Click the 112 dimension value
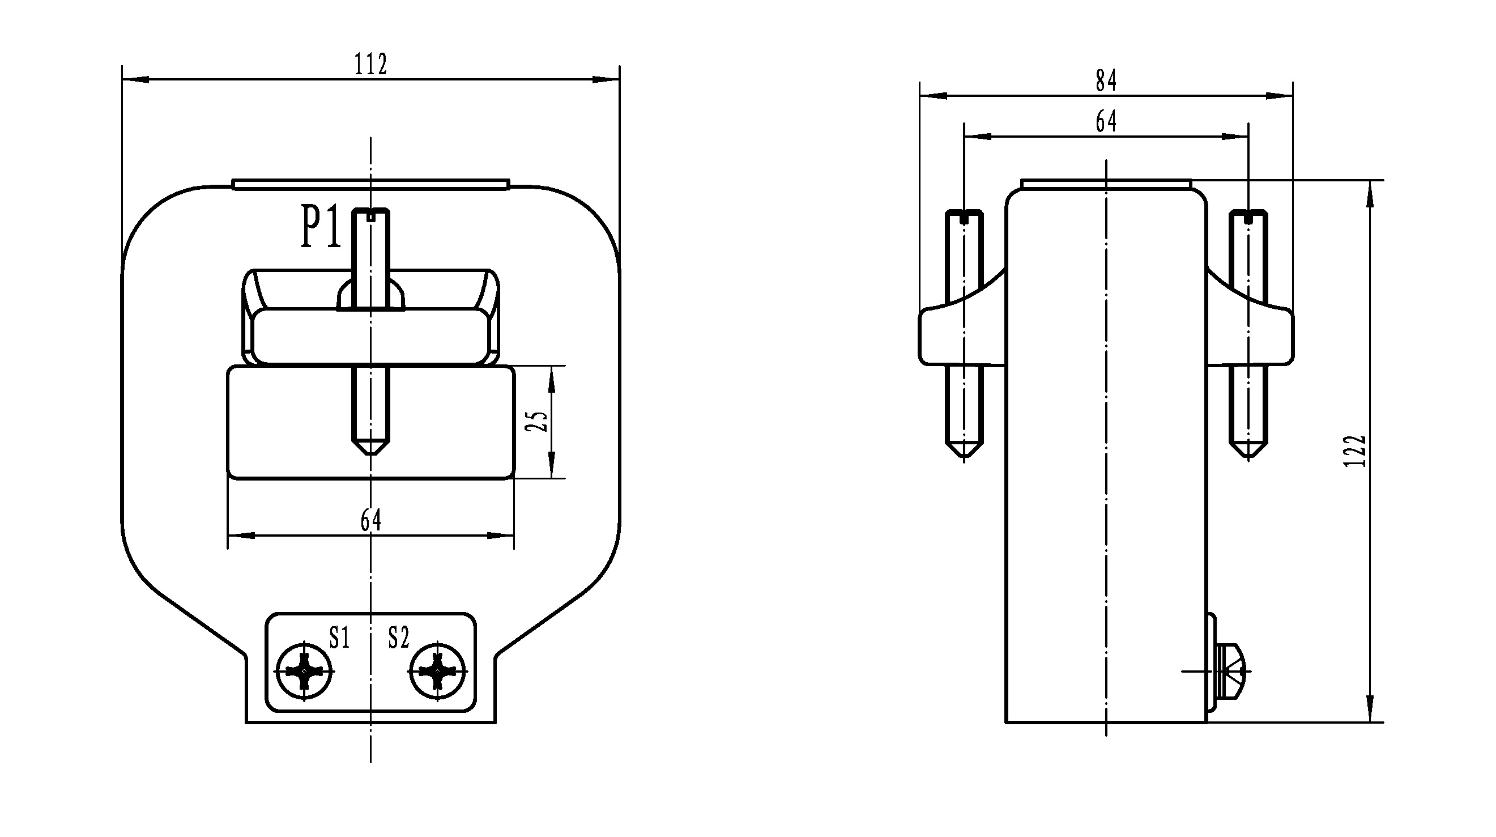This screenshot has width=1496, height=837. pyautogui.click(x=370, y=64)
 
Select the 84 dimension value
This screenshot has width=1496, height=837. pyautogui.click(x=1106, y=80)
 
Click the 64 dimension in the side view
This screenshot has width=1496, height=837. pyautogui.click(x=1106, y=121)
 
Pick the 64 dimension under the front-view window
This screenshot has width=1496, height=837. pyautogui.click(x=370, y=520)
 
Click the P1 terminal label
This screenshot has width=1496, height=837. pyautogui.click(x=321, y=227)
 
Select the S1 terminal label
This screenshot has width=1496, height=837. pyautogui.click(x=339, y=637)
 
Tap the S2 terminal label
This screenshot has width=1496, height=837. pyautogui.click(x=398, y=637)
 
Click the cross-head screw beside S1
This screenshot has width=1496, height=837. pyautogui.click(x=304, y=671)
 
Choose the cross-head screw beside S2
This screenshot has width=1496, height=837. pyautogui.click(x=437, y=671)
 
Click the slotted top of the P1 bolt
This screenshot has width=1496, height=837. pyautogui.click(x=371, y=215)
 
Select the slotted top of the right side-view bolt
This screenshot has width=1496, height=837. pyautogui.click(x=1248, y=217)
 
